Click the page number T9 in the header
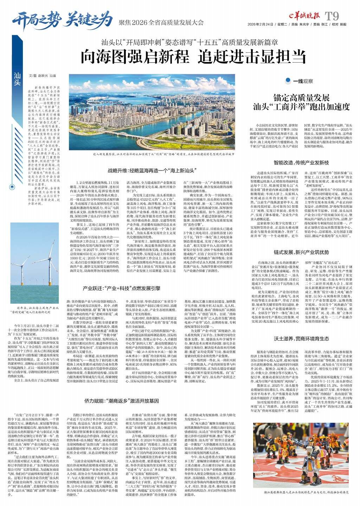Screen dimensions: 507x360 (x=332, y=16)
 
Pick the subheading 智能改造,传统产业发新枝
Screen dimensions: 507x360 (x=301, y=163)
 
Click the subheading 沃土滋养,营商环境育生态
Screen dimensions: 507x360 (x=301, y=339)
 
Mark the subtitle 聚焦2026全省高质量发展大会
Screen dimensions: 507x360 (x=161, y=22)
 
